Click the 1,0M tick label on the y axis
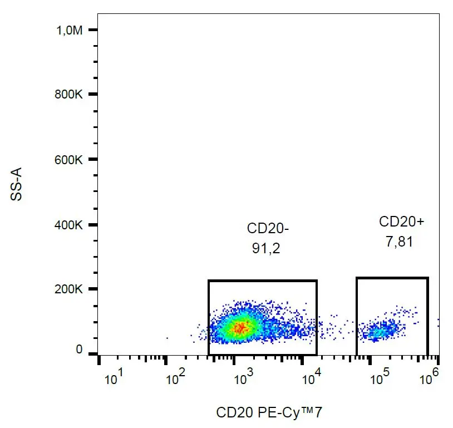tap(70, 31)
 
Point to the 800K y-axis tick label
tap(70, 95)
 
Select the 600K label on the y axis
tap(70, 160)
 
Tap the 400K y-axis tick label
tap(70, 225)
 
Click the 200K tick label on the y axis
tap(70, 289)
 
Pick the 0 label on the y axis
tap(79, 350)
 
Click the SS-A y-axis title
tap(18, 185)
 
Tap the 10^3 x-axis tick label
tap(243, 380)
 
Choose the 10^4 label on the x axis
tap(312, 380)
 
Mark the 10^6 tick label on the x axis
tap(429, 380)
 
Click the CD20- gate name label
tap(268, 229)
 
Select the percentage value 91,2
tap(265, 249)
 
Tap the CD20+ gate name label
tap(401, 222)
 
